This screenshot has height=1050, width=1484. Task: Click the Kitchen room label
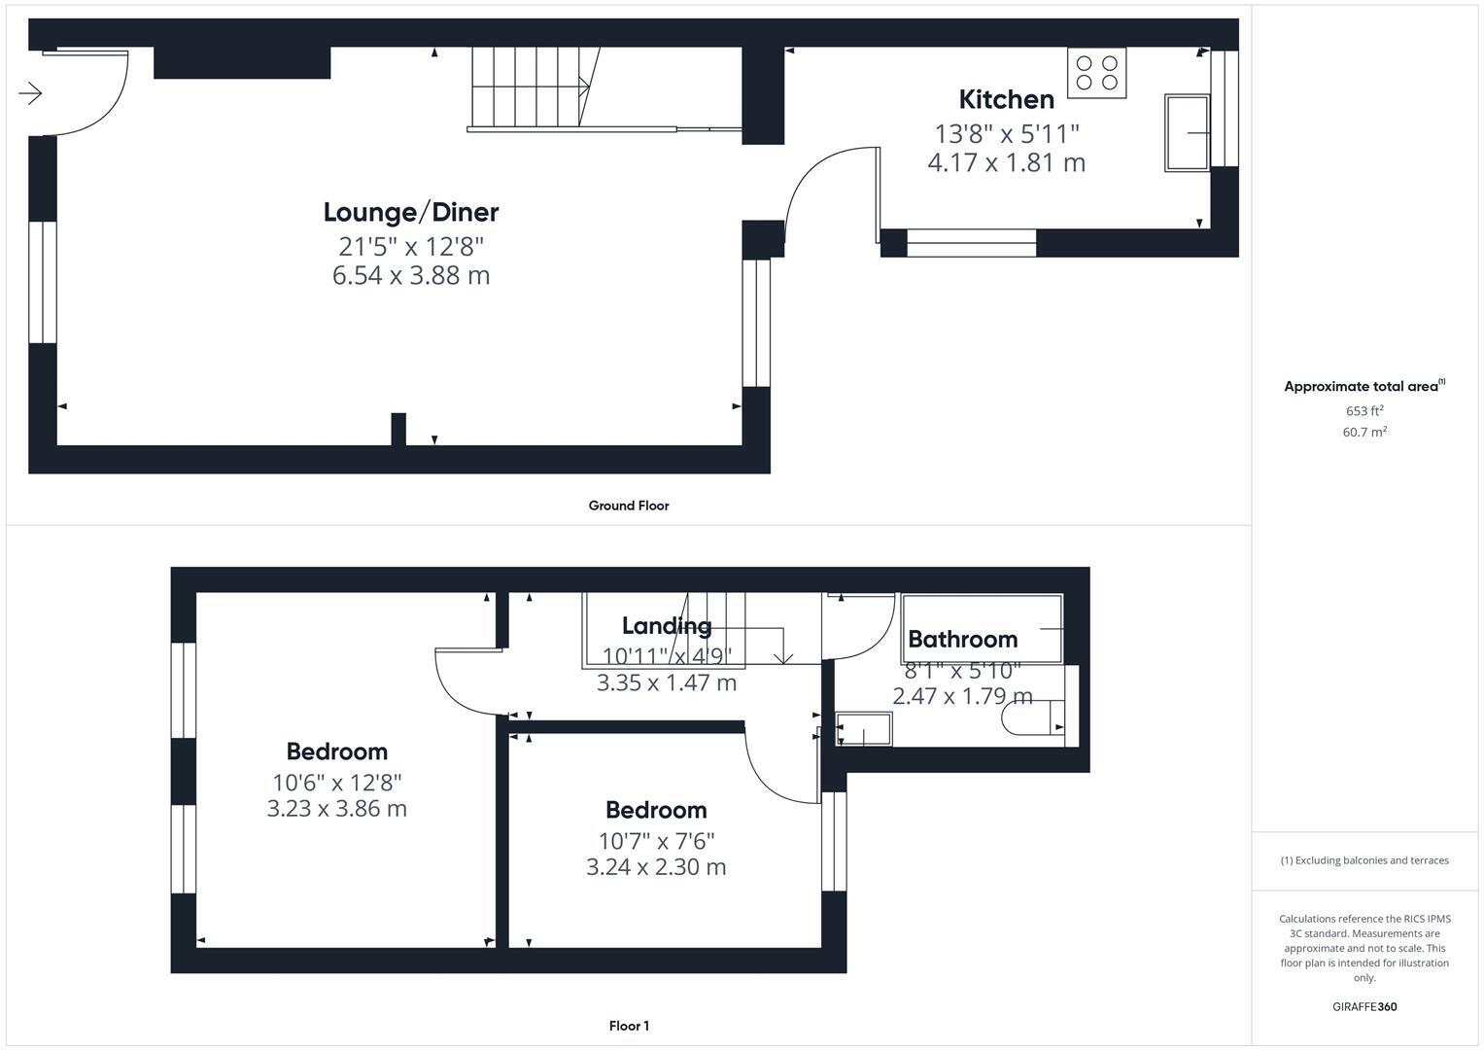pos(1006,99)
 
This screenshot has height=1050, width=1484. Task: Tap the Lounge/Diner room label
pos(410,212)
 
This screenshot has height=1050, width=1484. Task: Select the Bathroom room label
pos(962,639)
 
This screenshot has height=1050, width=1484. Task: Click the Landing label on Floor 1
pos(667,625)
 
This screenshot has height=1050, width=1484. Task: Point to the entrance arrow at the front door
pos(30,93)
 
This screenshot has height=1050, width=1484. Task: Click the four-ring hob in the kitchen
pos(1096,73)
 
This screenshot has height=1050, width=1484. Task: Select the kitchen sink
pos(1187,133)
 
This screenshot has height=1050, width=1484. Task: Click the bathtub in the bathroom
pos(982,628)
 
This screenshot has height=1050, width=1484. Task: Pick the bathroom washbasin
pos(863,729)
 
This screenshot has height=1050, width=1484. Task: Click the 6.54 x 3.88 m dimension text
pos(410,275)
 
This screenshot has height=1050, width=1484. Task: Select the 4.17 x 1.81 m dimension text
pos(1006,162)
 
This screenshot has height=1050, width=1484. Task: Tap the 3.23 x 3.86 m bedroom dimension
pos(336,808)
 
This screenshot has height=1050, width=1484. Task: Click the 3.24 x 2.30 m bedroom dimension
pos(656,866)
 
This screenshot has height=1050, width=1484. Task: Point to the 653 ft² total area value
pos(1363,410)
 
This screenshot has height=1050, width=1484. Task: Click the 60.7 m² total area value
pos(1363,432)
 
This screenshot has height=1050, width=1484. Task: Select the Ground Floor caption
pos(628,506)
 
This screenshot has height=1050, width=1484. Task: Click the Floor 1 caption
pos(628,1026)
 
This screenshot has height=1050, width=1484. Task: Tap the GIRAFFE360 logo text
pos(1363,1006)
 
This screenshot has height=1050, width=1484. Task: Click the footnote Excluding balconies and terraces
pos(1363,860)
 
